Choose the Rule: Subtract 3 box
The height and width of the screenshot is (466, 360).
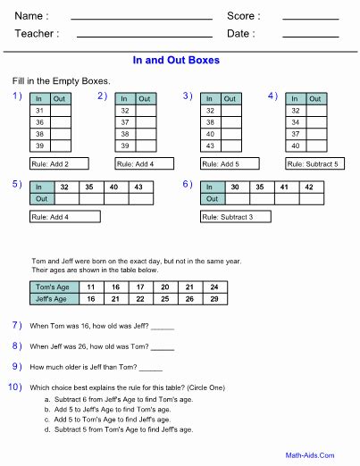235,216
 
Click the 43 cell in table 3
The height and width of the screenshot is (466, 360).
211,145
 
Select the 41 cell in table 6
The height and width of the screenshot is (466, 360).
283,187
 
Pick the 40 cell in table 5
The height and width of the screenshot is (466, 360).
113,187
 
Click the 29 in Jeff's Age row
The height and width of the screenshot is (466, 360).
214,299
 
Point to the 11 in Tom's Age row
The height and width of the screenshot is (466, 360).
90,287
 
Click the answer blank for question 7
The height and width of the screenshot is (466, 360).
162,327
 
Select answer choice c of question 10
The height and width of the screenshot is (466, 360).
123,419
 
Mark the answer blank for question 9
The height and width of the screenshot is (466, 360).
151,368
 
